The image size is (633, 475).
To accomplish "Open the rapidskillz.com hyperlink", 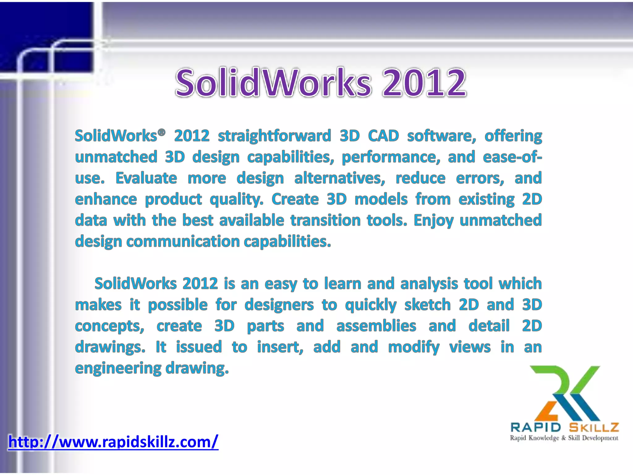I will point(113,442).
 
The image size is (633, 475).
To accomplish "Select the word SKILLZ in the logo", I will point(594,427).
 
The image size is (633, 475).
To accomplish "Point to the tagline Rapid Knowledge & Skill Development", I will point(564,438).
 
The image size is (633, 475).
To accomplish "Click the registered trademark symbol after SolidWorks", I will point(161,132).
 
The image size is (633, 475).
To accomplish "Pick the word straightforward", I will point(274,136).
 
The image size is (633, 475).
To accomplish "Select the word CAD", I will point(383,136).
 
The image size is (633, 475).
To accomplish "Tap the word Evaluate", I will point(146,178).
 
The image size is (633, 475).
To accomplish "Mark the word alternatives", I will point(339,178).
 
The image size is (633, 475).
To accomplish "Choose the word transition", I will point(325,220).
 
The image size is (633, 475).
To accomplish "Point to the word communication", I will point(183,241).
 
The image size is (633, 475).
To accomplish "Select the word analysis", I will point(429,284).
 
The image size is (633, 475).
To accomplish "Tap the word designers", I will point(279,305).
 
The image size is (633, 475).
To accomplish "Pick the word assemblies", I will point(376,326).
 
